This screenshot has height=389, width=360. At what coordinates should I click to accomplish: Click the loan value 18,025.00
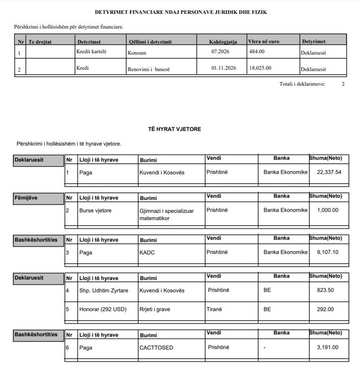260,68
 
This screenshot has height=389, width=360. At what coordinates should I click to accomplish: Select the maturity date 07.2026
220,51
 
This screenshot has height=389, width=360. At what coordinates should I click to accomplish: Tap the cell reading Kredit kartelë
91,51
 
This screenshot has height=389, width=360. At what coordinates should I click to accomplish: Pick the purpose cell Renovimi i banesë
149,69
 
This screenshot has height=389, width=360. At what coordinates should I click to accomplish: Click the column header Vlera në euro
263,42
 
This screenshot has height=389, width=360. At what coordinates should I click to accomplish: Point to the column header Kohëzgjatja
223,42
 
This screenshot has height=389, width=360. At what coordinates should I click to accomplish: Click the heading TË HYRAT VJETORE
174,129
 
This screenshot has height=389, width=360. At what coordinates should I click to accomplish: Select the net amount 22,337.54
329,172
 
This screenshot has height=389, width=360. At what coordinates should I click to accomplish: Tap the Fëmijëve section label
26,198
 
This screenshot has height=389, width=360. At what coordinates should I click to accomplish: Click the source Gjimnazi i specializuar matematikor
166,214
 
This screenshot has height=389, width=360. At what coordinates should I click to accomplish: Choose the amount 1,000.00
327,210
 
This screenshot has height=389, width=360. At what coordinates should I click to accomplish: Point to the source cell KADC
147,253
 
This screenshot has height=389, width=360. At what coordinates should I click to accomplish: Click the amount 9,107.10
327,252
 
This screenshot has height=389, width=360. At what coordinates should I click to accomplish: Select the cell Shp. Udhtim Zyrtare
104,290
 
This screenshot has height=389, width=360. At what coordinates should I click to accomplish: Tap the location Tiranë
214,309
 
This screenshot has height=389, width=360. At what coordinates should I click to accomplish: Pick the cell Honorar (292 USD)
102,309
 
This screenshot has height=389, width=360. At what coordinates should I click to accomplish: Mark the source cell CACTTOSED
156,347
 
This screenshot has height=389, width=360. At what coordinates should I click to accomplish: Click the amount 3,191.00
327,347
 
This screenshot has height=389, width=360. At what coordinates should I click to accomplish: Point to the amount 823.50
325,290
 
